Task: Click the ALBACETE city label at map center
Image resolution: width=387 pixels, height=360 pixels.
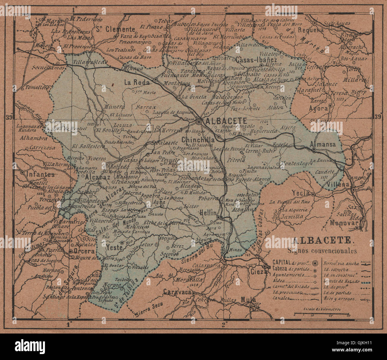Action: (225, 121)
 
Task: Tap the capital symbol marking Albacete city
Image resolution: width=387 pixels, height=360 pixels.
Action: (199, 121)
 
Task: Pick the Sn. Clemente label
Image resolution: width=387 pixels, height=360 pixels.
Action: (116, 29)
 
